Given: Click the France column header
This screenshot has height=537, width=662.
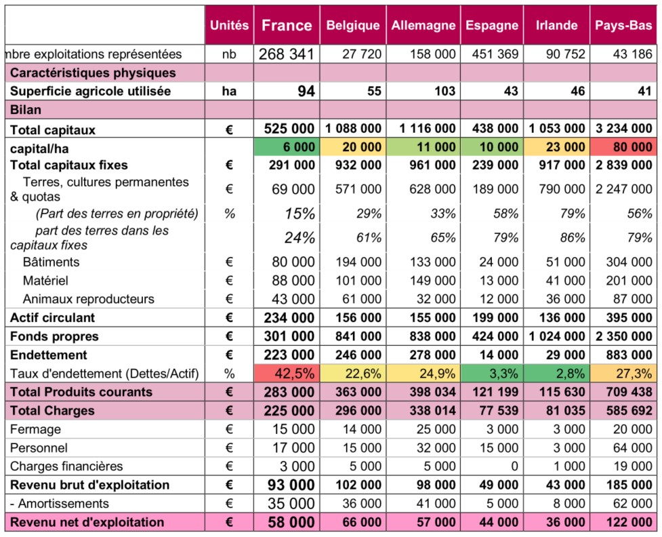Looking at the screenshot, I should pos(287,25).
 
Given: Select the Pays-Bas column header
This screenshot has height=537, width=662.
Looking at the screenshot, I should pos(623,26).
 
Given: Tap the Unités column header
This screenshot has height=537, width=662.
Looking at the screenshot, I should pos(230,26).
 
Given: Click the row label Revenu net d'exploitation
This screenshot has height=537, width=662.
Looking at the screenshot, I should pos(86,522).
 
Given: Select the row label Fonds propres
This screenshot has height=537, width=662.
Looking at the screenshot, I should pos(54,336).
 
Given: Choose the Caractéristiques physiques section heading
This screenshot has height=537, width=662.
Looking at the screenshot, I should pos(83,73).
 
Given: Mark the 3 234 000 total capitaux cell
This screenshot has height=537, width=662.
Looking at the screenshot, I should pos(623,128).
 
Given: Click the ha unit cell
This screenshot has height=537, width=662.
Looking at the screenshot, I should pos(230,92).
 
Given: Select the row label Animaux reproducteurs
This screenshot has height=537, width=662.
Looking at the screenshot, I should pos(88,299).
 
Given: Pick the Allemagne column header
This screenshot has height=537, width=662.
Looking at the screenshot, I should pos(423,26).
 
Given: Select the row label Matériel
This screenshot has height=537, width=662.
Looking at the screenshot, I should pos(45,280).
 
